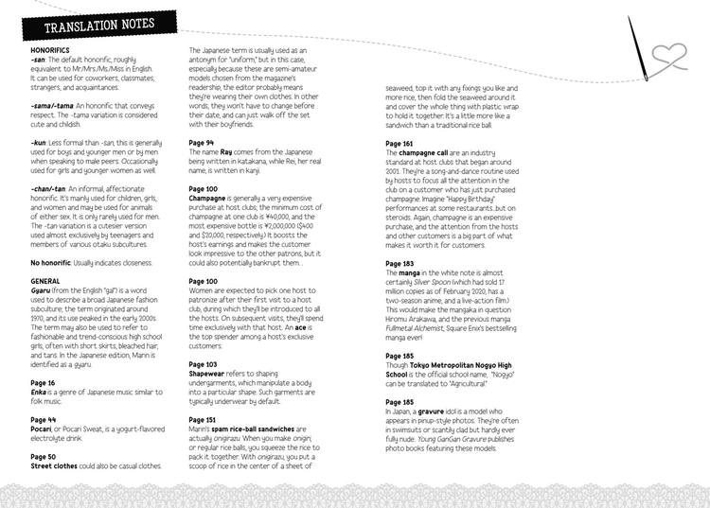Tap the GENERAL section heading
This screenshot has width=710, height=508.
point(46,281)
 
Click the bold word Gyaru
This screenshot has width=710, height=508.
point(42,289)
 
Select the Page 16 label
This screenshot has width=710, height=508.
point(44,383)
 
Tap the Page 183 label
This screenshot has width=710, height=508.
point(399,263)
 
